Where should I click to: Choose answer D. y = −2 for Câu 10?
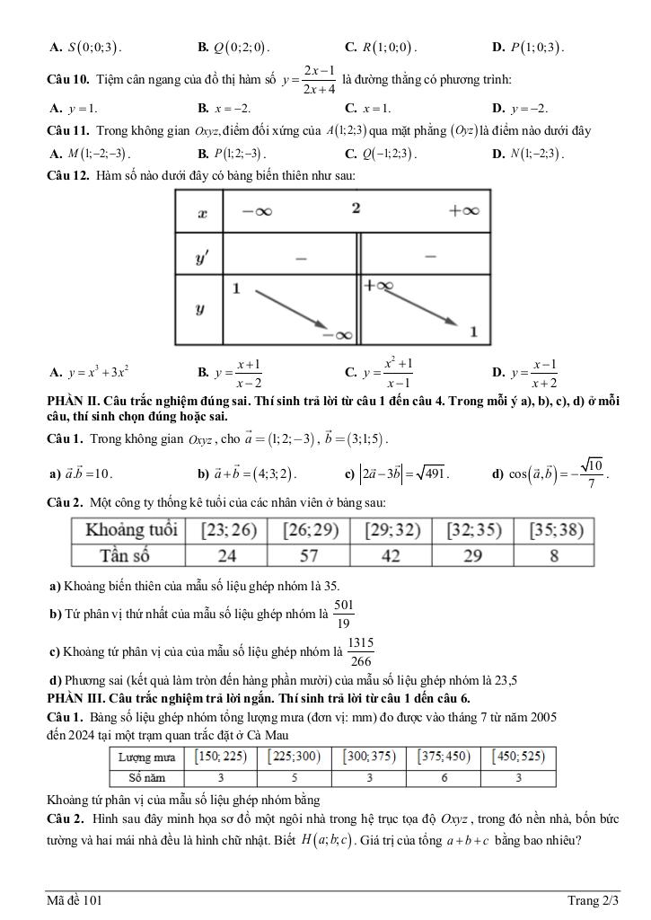pos(527,108)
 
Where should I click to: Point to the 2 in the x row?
pos(356,208)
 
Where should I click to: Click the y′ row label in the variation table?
pos(202,259)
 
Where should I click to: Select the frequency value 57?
pos(309,555)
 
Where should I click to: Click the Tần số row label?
pos(128,555)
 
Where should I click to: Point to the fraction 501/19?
pos(344,614)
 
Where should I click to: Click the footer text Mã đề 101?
pos(81,899)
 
